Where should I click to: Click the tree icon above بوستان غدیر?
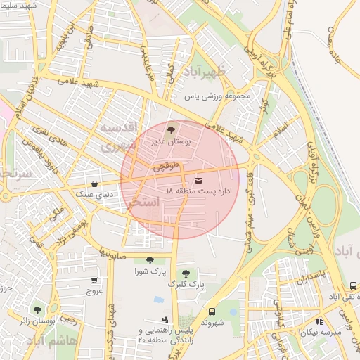(x=171, y=130)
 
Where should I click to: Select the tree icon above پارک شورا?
(x=149, y=260)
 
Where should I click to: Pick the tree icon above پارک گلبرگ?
(x=186, y=274)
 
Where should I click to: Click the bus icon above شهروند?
(x=212, y=312)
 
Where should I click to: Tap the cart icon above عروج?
(x=94, y=280)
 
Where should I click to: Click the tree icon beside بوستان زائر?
(x=37, y=309)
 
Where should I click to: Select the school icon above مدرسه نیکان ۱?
(x=320, y=321)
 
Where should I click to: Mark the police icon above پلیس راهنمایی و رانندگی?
(x=165, y=319)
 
